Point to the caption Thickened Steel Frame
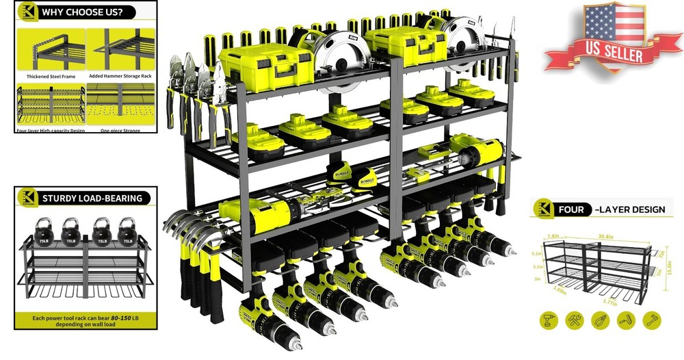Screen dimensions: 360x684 [51, 77]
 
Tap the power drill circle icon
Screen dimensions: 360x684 [549, 320]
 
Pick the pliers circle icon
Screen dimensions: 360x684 [601, 320]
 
